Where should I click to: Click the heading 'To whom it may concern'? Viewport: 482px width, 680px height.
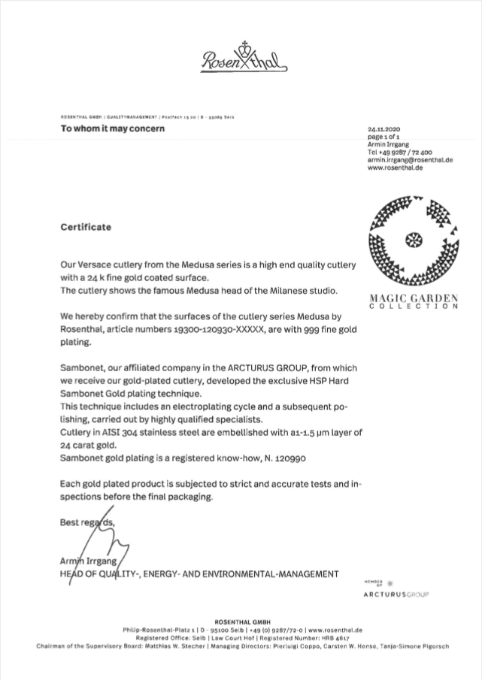tap(113, 128)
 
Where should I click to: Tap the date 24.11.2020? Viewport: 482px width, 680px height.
tap(385, 129)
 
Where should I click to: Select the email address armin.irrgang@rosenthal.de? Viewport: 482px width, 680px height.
tap(410, 159)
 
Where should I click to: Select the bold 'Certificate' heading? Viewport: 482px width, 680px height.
tap(86, 226)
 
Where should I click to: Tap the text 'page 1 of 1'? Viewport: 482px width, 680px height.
tap(384, 137)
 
